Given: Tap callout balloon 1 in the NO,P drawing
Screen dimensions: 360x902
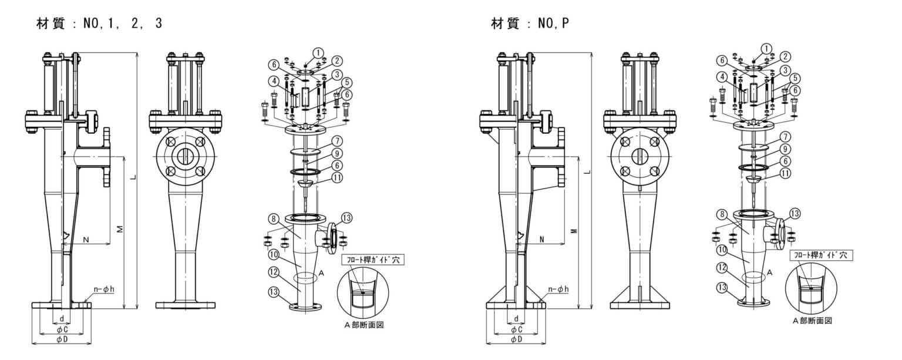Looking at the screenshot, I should [x=766, y=48].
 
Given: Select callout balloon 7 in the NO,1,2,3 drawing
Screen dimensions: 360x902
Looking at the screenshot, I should [x=336, y=142].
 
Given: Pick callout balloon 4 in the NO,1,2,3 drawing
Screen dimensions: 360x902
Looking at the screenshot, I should [x=274, y=80].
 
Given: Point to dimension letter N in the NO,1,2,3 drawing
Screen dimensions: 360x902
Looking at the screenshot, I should [x=86, y=239].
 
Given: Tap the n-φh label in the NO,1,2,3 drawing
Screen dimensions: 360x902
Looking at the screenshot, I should [x=106, y=289].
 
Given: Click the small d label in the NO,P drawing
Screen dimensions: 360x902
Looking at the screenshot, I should [x=516, y=318].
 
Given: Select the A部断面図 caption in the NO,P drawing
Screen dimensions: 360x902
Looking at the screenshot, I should [x=812, y=321].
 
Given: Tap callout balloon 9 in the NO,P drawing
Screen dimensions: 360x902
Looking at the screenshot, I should [x=786, y=150].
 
